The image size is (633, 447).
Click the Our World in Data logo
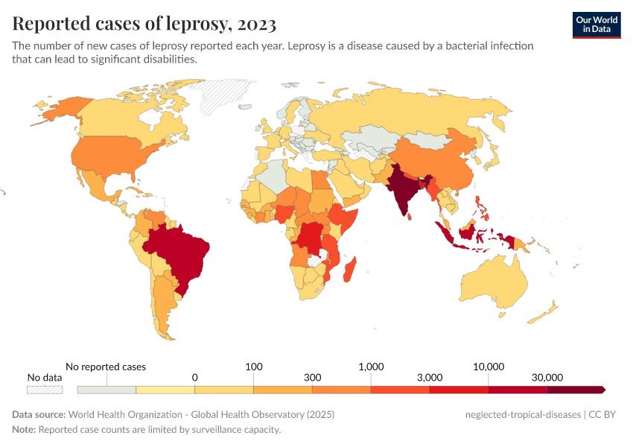pos(596,25)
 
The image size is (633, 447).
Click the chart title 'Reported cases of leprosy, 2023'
pos(144,24)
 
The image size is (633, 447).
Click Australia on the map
pos(494,288)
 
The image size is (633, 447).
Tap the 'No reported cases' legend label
pos(106,367)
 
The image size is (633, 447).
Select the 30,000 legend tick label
pos(547,378)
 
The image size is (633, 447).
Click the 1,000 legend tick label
pos(371,367)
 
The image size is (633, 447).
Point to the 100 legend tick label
pos(254,367)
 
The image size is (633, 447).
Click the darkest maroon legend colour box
pos(575,390)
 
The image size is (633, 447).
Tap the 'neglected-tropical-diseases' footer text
pos(521,414)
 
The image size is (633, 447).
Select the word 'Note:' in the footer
pos(24,430)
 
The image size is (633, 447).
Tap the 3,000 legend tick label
pos(430,378)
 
